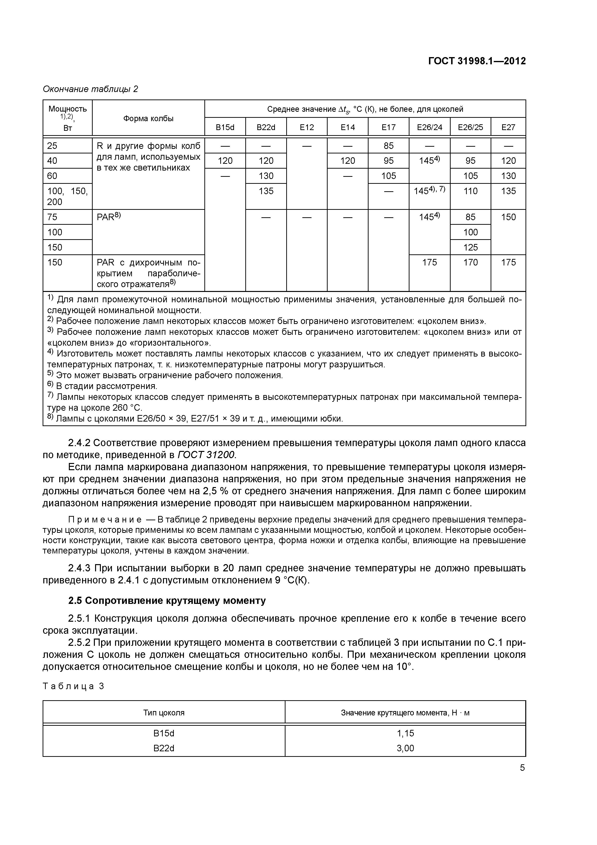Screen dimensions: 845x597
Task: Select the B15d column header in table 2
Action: tap(225, 127)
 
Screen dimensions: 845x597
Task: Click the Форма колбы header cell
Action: tap(148, 119)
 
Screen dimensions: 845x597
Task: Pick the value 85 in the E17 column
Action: tap(389, 146)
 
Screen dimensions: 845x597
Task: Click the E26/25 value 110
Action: tap(470, 191)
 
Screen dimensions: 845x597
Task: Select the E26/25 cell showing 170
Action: tap(470, 262)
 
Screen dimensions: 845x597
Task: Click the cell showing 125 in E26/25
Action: tap(470, 247)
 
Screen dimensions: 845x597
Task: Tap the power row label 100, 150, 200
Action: tap(67, 196)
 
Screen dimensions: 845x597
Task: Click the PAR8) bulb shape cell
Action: tap(109, 217)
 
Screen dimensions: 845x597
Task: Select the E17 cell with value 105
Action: tap(389, 176)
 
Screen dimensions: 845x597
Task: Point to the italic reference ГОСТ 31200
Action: tap(206, 455)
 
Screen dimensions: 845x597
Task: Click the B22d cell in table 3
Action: tap(164, 748)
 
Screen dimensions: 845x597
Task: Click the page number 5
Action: tap(522, 768)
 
